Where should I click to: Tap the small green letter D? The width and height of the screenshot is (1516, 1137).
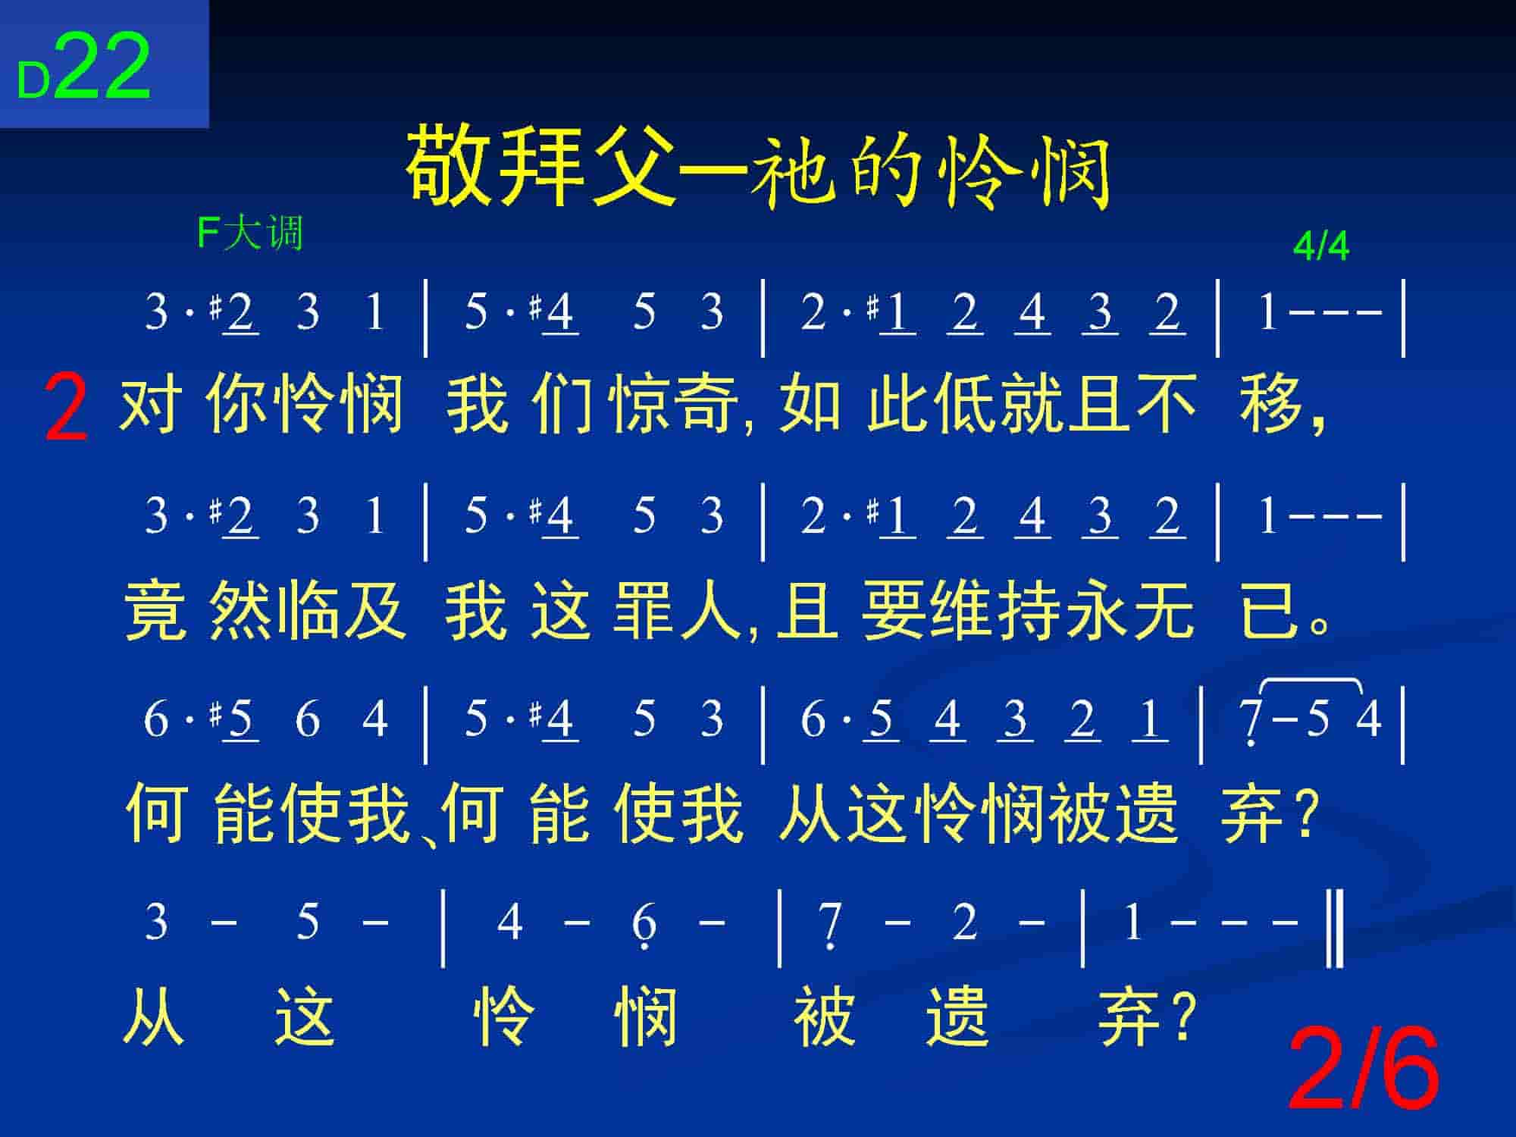coord(33,82)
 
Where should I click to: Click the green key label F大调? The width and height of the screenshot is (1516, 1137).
coord(250,232)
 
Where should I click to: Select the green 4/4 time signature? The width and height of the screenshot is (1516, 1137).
coord(1321,246)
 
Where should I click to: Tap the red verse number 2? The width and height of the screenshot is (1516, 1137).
coord(66,409)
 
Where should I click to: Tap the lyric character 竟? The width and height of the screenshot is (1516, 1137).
coord(155,609)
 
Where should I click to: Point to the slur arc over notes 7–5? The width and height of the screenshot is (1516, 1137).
coord(1311,682)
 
